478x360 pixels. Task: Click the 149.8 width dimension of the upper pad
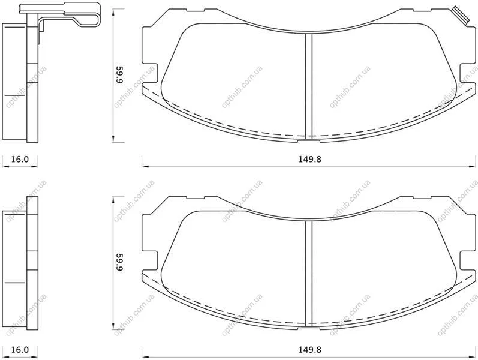[309, 159]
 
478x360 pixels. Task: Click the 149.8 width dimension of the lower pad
[309, 350]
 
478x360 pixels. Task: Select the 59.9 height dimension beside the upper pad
[119, 75]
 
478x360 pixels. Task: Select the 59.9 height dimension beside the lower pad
[119, 262]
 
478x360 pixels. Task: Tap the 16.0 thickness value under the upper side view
[20, 159]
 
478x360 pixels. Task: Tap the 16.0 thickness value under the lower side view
[20, 350]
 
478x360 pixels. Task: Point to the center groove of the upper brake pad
[309, 86]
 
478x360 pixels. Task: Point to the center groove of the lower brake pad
[309, 273]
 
